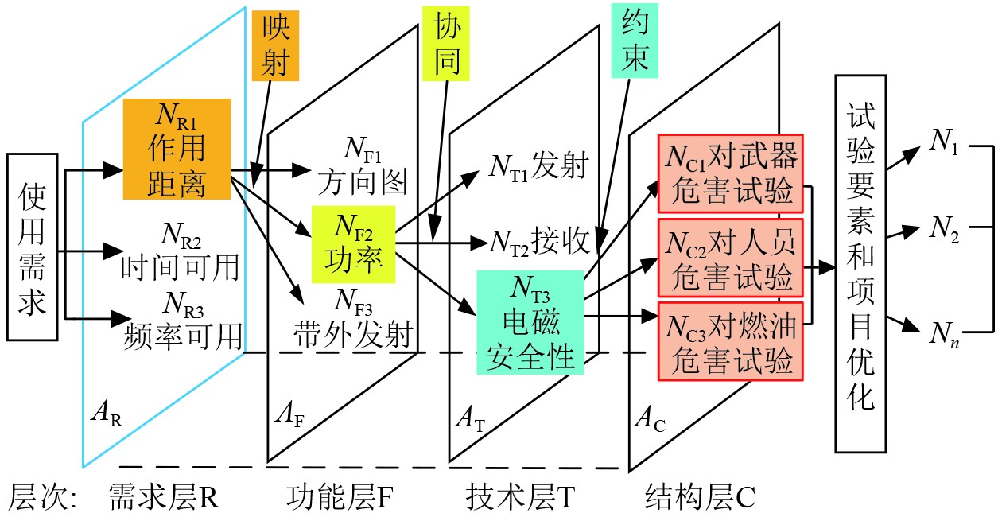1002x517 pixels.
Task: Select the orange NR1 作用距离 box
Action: click(177, 149)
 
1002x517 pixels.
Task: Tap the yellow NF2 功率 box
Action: click(354, 244)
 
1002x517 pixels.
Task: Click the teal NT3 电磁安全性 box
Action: click(530, 322)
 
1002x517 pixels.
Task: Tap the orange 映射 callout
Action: click(275, 46)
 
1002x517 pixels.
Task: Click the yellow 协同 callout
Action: click(447, 46)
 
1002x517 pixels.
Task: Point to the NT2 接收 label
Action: click(538, 239)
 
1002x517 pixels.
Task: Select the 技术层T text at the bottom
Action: click(518, 497)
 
